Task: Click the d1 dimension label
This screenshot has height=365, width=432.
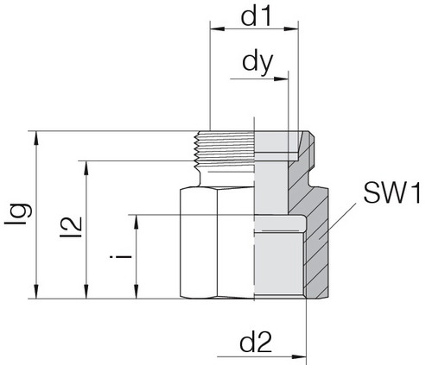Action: (256, 16)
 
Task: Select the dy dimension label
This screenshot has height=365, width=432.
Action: (257, 64)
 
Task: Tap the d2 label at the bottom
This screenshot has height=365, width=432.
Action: (256, 343)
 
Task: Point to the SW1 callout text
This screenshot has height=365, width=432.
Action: (392, 193)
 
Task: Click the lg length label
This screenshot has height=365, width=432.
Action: (18, 214)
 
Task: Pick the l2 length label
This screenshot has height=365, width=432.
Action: (71, 227)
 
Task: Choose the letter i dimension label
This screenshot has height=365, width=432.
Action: (121, 256)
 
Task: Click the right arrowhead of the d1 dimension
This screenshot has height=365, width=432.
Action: (291, 28)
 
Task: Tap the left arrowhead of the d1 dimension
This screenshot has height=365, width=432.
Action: (218, 28)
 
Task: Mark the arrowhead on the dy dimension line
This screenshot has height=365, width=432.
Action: (281, 79)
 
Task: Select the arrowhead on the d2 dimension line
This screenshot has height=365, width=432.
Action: (299, 357)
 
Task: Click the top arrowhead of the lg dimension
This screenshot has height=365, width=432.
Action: (36, 138)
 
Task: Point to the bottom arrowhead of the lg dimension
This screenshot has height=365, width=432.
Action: (36, 292)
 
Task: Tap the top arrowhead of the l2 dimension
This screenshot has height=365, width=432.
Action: (86, 168)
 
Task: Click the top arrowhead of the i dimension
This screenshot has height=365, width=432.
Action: (137, 222)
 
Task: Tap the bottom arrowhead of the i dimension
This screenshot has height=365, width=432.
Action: (137, 292)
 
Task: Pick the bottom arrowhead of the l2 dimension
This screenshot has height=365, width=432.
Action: (86, 292)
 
